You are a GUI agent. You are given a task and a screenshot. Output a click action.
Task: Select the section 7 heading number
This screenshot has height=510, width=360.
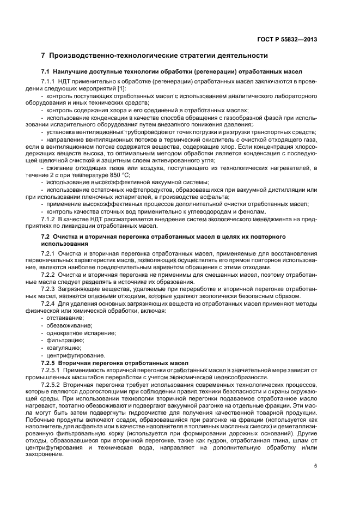[x=44, y=56]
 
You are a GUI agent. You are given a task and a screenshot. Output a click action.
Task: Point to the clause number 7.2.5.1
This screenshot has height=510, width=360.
[x=52, y=369]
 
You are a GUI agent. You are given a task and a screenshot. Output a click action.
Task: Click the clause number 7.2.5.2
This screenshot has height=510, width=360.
[x=52, y=385]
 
